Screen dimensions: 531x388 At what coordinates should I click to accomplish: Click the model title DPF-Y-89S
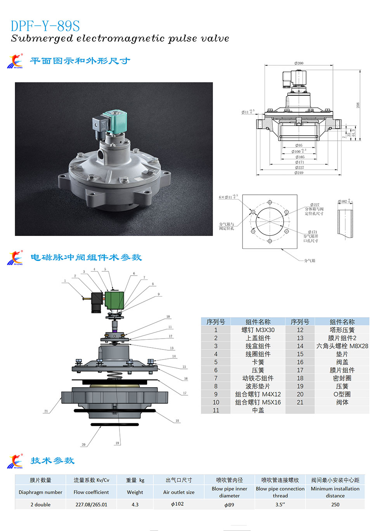(x=45, y=26)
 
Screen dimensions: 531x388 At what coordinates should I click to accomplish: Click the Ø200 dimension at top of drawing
(x=299, y=63)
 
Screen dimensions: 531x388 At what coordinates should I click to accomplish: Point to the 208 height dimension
(x=358, y=105)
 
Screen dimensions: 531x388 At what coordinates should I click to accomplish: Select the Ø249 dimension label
(x=299, y=173)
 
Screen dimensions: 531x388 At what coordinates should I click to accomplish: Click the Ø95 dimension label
(x=298, y=145)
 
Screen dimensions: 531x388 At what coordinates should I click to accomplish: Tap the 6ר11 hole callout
(x=228, y=197)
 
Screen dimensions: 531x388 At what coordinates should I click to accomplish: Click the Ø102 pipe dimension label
(x=344, y=201)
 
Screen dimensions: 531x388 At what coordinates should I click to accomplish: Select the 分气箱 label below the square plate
(x=310, y=260)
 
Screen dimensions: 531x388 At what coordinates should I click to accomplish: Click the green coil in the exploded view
(x=115, y=300)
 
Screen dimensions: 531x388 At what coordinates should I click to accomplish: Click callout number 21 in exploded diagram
(x=46, y=411)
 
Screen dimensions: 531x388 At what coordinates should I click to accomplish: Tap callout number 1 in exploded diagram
(x=65, y=281)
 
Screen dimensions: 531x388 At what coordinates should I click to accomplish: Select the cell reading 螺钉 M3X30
(x=258, y=330)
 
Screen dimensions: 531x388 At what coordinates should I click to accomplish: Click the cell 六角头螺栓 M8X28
(x=342, y=346)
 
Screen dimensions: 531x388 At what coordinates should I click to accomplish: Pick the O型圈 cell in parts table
(x=342, y=394)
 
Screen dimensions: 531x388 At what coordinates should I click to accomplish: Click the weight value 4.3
(x=135, y=505)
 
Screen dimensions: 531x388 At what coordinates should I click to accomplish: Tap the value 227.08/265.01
(x=91, y=505)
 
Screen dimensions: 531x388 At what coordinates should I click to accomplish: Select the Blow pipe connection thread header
(x=280, y=492)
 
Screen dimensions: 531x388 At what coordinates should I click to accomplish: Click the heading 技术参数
(x=52, y=461)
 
